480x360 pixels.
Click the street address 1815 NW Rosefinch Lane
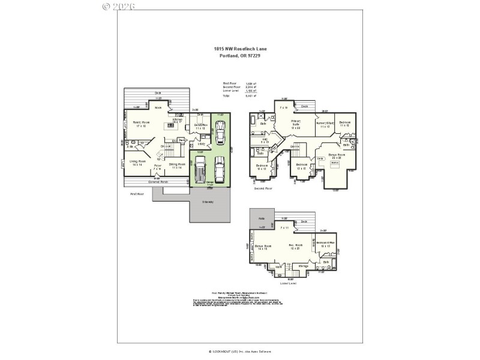tap(240, 49)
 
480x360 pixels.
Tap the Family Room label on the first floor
tap(140, 124)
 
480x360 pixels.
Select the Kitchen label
tap(178, 121)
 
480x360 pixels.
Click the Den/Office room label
tap(200, 127)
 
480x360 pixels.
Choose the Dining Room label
tap(176, 166)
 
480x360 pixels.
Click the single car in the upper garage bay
tap(221, 130)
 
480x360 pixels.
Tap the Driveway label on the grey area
tap(208, 202)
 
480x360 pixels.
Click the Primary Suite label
tap(295, 124)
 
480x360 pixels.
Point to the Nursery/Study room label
tap(325, 125)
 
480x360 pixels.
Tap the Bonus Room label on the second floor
tap(337, 156)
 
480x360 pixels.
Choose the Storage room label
tap(304, 265)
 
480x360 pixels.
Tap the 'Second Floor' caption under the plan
tap(263, 188)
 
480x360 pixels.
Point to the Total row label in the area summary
tap(226, 96)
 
